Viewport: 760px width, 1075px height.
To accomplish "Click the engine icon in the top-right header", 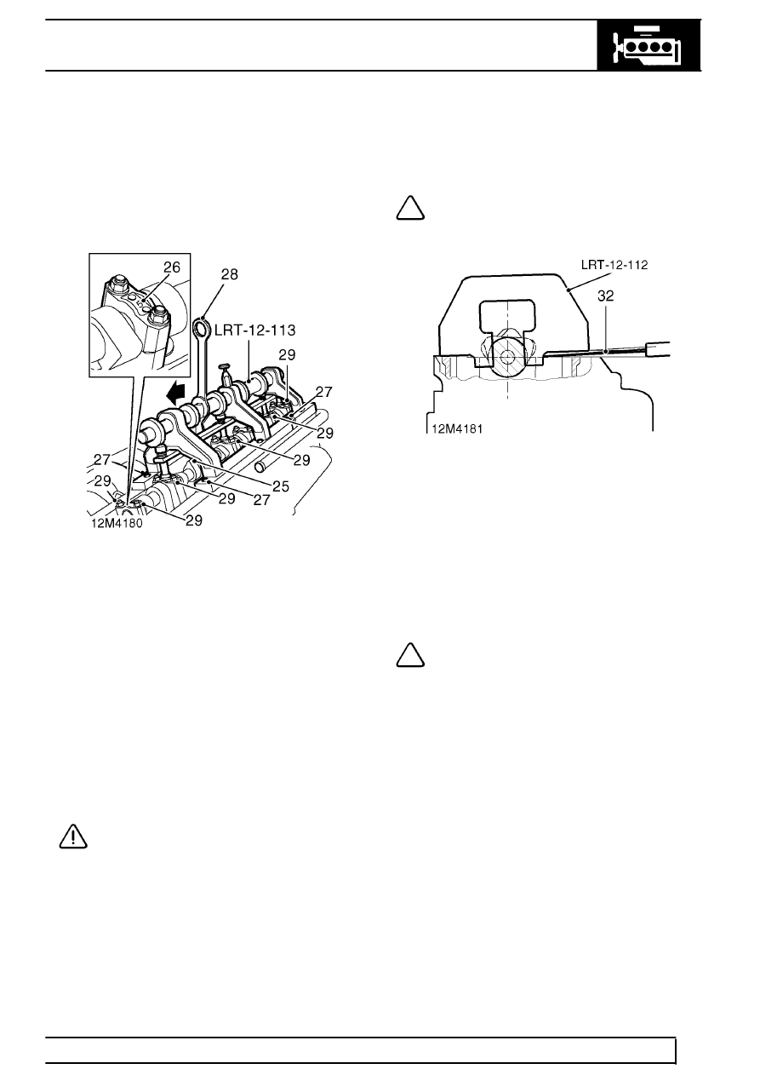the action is pyautogui.click(x=649, y=46).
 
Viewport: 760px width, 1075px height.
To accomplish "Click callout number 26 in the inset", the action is pyautogui.click(x=172, y=267).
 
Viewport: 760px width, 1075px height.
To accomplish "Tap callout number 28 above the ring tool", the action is pyautogui.click(x=229, y=274).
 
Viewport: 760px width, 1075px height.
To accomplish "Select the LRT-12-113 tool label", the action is pyautogui.click(x=254, y=331).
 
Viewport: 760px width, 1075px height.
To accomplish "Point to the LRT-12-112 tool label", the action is pyautogui.click(x=614, y=264).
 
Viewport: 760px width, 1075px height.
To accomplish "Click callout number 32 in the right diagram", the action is pyautogui.click(x=606, y=296).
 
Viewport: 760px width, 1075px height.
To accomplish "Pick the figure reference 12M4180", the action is pyautogui.click(x=117, y=523).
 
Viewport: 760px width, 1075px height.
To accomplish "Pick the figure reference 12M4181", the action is pyautogui.click(x=457, y=428).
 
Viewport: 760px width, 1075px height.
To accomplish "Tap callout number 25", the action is pyautogui.click(x=281, y=486).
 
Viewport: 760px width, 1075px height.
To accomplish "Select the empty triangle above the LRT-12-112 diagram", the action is pyautogui.click(x=410, y=209).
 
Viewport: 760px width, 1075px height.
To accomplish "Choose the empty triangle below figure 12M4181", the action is pyautogui.click(x=410, y=655).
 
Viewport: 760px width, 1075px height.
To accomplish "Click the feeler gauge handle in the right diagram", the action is pyautogui.click(x=658, y=349).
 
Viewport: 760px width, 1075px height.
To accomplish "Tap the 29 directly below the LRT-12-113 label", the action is pyautogui.click(x=287, y=355).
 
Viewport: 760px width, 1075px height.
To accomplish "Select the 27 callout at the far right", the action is pyautogui.click(x=324, y=392).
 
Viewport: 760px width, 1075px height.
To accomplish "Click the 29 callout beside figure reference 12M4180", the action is pyautogui.click(x=193, y=520).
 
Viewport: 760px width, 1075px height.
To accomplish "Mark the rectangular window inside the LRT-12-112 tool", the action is pyautogui.click(x=508, y=314).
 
